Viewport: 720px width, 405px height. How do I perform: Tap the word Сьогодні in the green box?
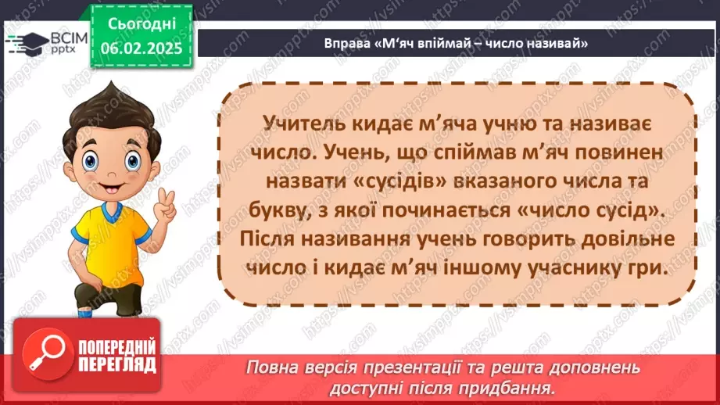(141, 23)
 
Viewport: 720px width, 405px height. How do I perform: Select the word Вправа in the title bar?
(345, 45)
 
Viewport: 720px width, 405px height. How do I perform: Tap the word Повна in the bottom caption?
(270, 367)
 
